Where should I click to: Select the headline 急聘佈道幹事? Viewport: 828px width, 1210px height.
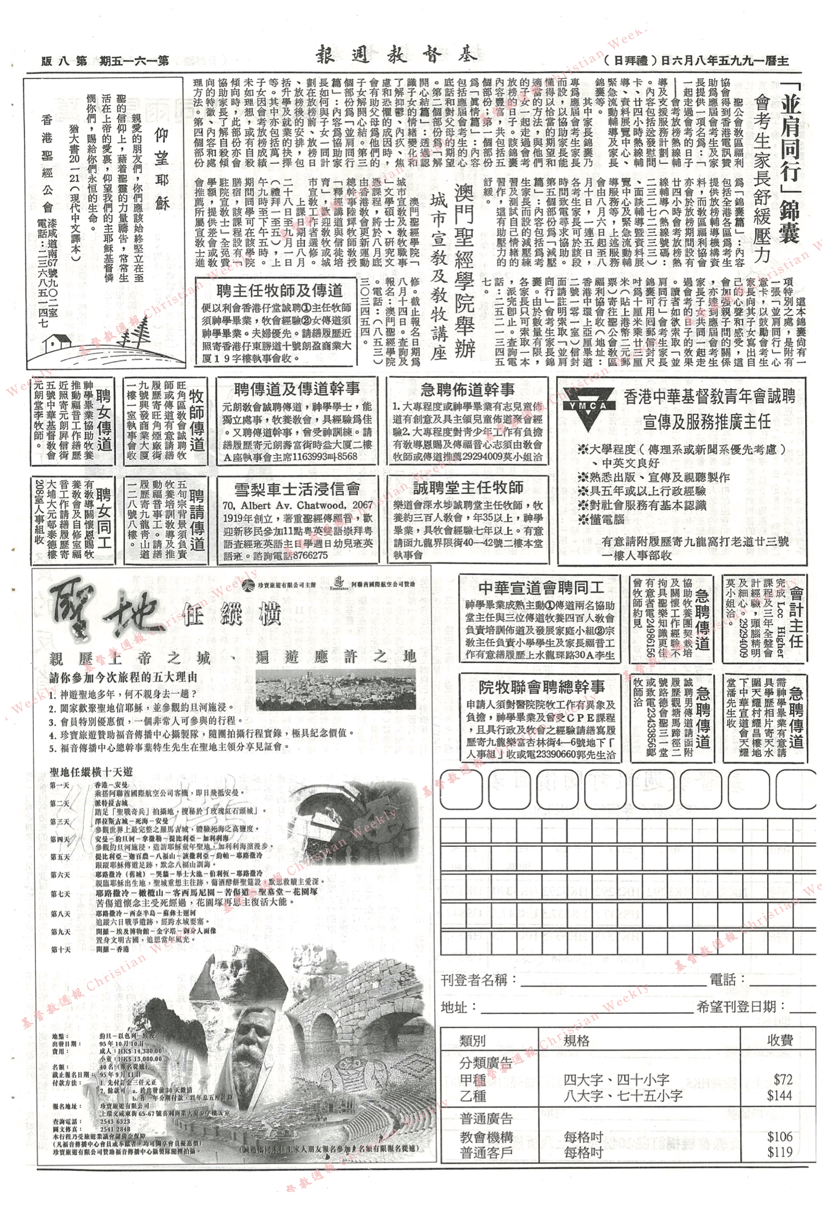[467, 389]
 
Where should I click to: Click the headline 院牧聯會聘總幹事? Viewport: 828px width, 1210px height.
[541, 687]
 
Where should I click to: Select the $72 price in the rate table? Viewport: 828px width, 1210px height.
[782, 1079]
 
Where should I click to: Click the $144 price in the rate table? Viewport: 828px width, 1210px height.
[780, 1095]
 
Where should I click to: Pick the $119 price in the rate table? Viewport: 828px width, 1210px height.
[780, 1152]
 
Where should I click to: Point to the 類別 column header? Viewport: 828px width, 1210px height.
[472, 1041]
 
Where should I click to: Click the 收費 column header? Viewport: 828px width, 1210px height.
[780, 1040]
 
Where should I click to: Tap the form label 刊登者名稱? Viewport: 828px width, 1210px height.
[474, 980]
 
